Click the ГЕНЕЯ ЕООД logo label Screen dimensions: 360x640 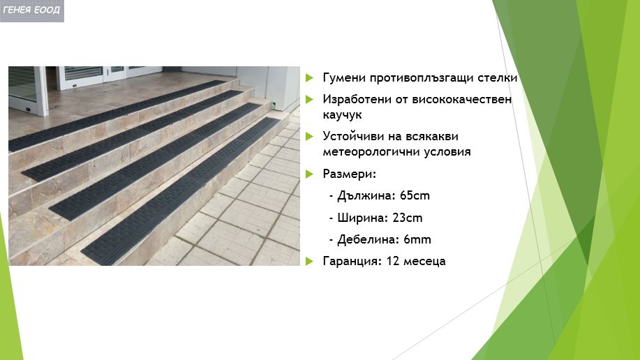pyautogui.click(x=31, y=10)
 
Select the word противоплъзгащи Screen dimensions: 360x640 pyautogui.click(x=428, y=77)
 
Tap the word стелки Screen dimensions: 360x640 pyautogui.click(x=500, y=77)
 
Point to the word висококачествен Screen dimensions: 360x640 pyautogui.click(x=458, y=100)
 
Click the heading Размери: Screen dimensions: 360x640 pyautogui.click(x=349, y=174)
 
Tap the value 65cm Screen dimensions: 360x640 pyautogui.click(x=416, y=196)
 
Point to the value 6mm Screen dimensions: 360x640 pyautogui.click(x=417, y=240)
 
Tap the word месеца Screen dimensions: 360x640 pyautogui.click(x=424, y=262)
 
